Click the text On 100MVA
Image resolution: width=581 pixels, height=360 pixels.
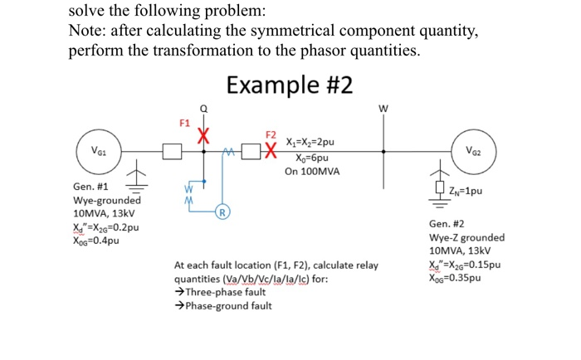pos(314,172)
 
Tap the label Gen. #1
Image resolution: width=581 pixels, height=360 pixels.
pos(91,187)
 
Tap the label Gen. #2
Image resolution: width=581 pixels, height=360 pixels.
pos(447,225)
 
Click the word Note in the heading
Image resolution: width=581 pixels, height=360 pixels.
pos(88,32)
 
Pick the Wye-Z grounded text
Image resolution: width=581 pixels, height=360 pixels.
pos(466,238)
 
